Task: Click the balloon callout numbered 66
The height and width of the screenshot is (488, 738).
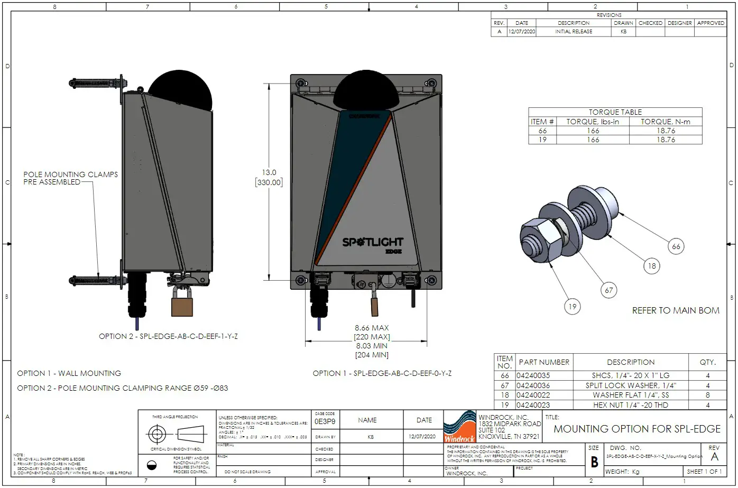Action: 676,246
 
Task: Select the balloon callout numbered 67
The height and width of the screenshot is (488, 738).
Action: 609,290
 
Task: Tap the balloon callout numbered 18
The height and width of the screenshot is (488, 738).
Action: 652,266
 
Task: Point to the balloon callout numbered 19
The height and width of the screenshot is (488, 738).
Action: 572,306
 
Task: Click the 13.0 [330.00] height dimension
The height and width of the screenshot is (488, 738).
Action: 269,177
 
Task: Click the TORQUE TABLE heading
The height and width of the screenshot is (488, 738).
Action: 615,112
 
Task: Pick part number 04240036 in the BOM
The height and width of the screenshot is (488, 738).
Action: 533,385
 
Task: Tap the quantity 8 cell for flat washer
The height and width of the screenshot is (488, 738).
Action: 708,395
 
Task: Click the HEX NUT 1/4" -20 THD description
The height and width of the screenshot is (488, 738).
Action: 630,405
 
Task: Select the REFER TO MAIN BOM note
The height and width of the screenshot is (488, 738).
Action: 676,310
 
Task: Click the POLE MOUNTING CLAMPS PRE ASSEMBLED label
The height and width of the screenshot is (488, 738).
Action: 70,178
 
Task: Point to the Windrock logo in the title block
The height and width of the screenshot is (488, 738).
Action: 459,427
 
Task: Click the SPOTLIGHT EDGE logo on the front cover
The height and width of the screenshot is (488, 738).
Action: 373,244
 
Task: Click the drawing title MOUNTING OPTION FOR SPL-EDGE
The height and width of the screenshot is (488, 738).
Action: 637,429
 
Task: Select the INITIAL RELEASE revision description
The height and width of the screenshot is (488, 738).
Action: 574,31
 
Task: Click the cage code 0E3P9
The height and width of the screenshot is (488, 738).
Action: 325,422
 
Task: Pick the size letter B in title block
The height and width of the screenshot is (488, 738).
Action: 594,462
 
